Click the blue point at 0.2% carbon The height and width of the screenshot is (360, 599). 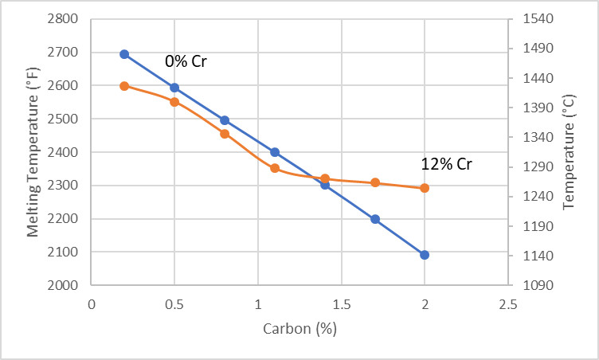[x=124, y=54]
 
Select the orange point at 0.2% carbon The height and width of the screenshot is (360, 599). [x=124, y=86]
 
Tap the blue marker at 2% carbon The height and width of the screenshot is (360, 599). [x=425, y=255]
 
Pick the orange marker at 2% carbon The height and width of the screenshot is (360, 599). [x=425, y=188]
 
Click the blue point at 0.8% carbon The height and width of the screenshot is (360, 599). [x=225, y=120]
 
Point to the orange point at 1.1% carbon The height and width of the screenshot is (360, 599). [x=275, y=168]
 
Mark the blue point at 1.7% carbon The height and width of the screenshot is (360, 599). [x=375, y=219]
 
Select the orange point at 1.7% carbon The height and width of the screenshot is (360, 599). [x=375, y=182]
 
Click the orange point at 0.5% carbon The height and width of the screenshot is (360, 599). [x=174, y=101]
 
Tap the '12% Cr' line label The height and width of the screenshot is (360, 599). [x=446, y=165]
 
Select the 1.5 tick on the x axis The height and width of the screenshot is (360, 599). [x=341, y=303]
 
